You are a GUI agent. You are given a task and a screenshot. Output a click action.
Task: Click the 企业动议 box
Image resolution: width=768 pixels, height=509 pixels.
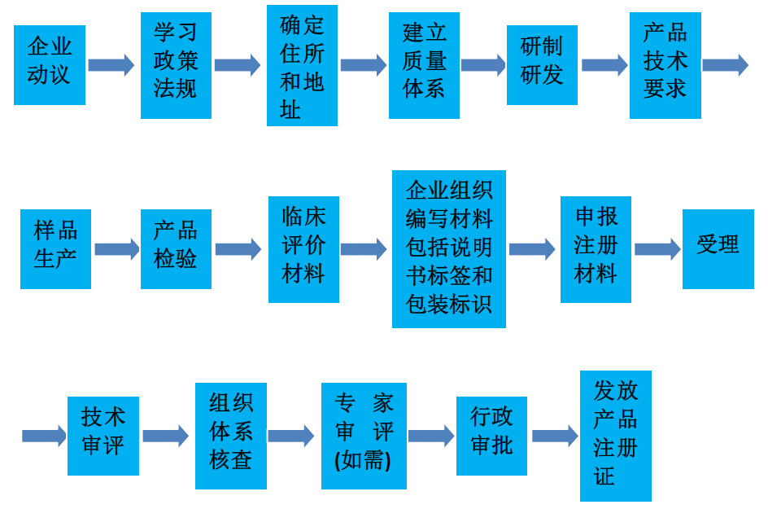(50, 65)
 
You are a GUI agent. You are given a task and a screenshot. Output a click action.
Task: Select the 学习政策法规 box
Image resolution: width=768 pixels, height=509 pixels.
(176, 65)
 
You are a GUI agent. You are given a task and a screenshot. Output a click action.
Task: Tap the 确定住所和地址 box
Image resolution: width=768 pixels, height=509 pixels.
(302, 65)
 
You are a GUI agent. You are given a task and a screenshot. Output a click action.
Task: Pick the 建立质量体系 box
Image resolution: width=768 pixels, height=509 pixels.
(424, 65)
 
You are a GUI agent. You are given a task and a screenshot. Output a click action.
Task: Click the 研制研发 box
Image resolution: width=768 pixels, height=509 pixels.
(542, 65)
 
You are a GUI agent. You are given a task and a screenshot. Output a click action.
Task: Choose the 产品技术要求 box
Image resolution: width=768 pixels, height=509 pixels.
(665, 65)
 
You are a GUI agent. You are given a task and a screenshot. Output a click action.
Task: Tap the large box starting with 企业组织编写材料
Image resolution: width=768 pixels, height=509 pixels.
(449, 248)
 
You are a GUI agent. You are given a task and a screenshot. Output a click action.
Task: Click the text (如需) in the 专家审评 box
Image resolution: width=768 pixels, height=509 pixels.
(363, 461)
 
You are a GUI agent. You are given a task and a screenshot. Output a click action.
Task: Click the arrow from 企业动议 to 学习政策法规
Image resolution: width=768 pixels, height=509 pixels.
(111, 65)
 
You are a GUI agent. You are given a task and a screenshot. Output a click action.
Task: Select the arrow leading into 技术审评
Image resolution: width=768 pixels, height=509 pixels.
(44, 436)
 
